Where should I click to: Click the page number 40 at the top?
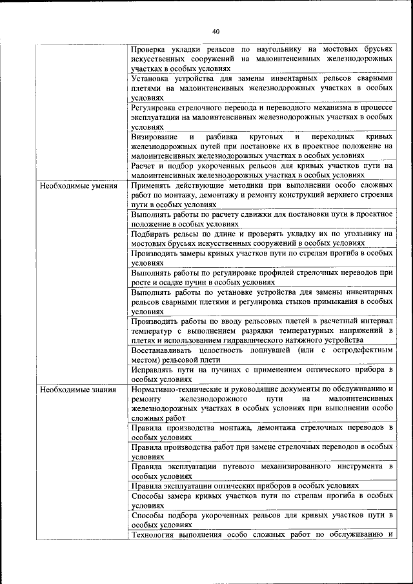pyautogui.click(x=216, y=31)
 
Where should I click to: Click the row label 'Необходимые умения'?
pyautogui.click(x=78, y=186)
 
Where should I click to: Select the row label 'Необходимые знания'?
pyautogui.click(x=77, y=389)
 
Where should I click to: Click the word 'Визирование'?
pyautogui.click(x=156, y=137)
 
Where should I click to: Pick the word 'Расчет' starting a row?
pyautogui.click(x=144, y=166)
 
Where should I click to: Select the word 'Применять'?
pyautogui.click(x=152, y=186)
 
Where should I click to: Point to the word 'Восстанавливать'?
pyautogui.click(x=165, y=350)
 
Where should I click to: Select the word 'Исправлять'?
pyautogui.click(x=154, y=370)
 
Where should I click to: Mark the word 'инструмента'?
pyautogui.click(x=358, y=466)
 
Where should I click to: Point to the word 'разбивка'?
pyautogui.click(x=224, y=137)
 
